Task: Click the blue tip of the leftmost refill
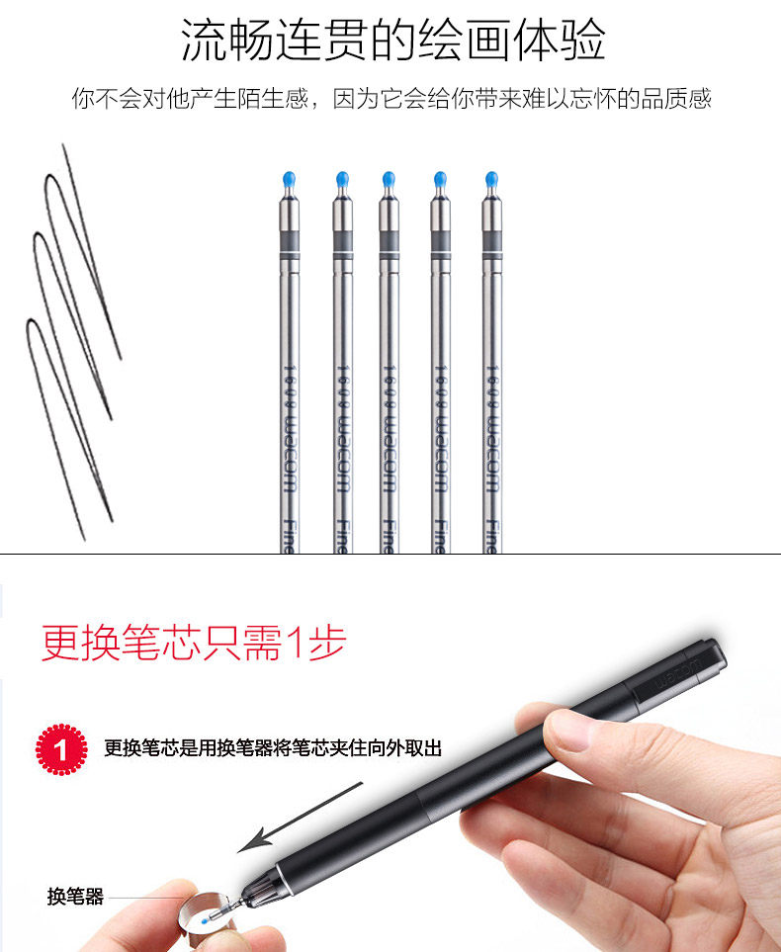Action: tap(288, 180)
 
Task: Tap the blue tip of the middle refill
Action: tap(387, 180)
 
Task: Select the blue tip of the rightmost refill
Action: tap(491, 180)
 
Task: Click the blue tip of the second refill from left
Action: tap(342, 180)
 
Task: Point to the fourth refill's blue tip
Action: tap(439, 180)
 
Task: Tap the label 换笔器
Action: tap(75, 898)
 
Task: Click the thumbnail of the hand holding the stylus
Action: tap(633, 821)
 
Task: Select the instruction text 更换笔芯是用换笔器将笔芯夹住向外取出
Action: tap(273, 748)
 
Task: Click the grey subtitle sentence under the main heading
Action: tap(391, 99)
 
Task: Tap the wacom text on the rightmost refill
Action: tap(491, 435)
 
